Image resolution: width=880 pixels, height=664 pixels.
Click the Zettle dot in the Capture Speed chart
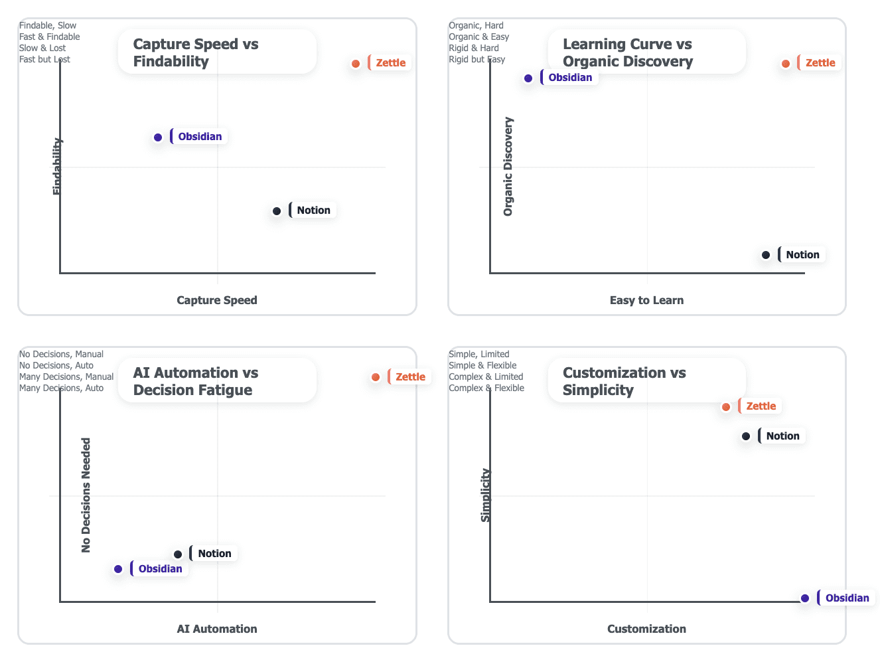pyautogui.click(x=356, y=64)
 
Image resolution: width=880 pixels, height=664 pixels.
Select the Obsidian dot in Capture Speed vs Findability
pyautogui.click(x=158, y=137)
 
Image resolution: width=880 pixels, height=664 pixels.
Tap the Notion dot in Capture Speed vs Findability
pyautogui.click(x=277, y=211)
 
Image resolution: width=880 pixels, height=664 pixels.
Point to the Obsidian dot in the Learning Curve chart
pyautogui.click(x=528, y=78)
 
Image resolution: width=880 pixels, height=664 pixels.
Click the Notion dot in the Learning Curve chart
pyautogui.click(x=766, y=255)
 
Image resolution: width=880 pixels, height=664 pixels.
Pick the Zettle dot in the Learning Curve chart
pyautogui.click(x=786, y=64)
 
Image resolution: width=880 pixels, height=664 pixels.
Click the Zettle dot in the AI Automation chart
pyautogui.click(x=376, y=377)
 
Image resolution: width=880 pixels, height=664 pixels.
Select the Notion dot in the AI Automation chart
pyautogui.click(x=178, y=554)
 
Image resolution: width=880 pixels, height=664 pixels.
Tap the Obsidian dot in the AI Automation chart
pyautogui.click(x=118, y=569)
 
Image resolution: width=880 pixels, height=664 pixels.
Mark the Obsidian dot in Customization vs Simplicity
pyautogui.click(x=805, y=598)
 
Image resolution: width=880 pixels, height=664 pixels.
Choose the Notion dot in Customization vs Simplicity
pyautogui.click(x=746, y=436)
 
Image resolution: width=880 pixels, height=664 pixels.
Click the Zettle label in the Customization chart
pyautogui.click(x=761, y=406)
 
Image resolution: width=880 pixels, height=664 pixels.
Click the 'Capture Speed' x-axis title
pyautogui.click(x=217, y=300)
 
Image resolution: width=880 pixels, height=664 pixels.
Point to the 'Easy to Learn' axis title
pyautogui.click(x=646, y=300)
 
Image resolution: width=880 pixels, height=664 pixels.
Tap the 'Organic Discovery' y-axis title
pyautogui.click(x=508, y=167)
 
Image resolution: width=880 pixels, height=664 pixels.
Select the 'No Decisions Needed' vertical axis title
pyautogui.click(x=86, y=495)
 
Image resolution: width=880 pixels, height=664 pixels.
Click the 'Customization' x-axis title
pyautogui.click(x=646, y=629)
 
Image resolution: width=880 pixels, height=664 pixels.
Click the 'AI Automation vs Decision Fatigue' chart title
pyautogui.click(x=196, y=381)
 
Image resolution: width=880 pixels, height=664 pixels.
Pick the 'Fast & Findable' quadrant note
pyautogui.click(x=50, y=37)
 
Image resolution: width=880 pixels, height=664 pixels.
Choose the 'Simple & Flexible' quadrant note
pyautogui.click(x=482, y=366)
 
